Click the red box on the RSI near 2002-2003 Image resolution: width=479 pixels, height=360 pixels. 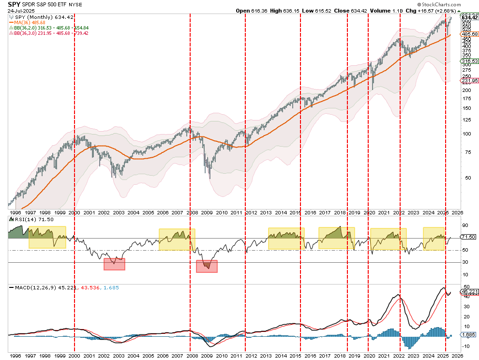pos(114,264)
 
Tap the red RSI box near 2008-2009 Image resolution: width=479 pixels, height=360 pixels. pos(207,266)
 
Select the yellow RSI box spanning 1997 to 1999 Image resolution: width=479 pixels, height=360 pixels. pos(47,237)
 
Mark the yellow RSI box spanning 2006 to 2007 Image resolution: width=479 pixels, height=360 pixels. pos(177,239)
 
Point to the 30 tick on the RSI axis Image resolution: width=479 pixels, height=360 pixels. pos(465,262)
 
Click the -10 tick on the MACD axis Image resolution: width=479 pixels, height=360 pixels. pos(466,345)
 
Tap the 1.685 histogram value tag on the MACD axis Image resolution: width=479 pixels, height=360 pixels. pos(468,334)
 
